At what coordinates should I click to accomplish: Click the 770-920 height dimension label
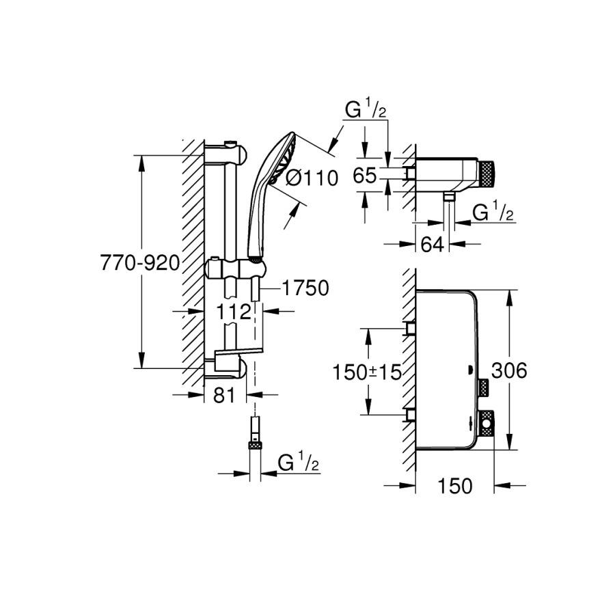coord(139,262)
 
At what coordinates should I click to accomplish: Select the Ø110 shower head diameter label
coord(312,179)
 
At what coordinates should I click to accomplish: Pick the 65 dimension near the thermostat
coord(365,176)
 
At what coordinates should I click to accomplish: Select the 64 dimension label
coord(432,245)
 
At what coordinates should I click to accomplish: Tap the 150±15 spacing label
coord(366,372)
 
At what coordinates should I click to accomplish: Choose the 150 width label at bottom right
coord(455,486)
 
